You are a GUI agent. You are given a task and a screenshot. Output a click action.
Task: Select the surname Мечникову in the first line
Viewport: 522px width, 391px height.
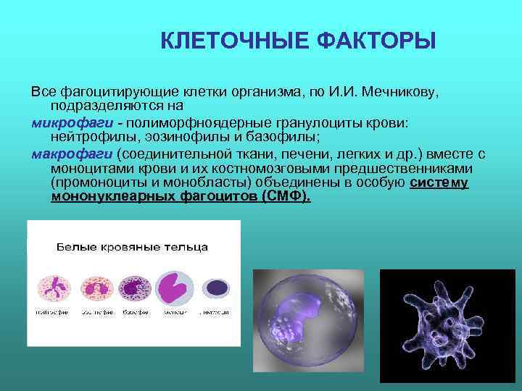[x=400, y=93]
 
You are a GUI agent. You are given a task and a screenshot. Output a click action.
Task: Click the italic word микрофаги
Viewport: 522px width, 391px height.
[x=60, y=123]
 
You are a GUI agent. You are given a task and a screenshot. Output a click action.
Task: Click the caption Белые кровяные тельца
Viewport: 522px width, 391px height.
[x=133, y=247]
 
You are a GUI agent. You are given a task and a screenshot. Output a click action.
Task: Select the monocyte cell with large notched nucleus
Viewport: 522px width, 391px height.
[x=174, y=287]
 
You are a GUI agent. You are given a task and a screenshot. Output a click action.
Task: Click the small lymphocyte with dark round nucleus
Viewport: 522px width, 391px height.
[x=215, y=287]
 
